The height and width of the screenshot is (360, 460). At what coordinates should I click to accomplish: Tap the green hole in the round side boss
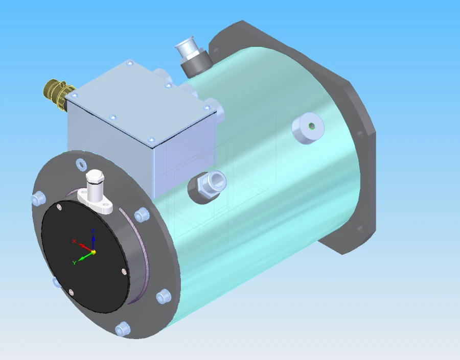click(311, 126)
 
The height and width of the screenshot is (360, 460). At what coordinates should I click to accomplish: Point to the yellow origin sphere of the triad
click(94, 252)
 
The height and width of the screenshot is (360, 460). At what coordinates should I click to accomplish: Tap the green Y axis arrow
click(85, 256)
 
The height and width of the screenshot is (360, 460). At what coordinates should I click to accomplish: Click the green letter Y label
click(75, 262)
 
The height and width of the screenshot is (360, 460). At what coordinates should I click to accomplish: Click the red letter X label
click(75, 241)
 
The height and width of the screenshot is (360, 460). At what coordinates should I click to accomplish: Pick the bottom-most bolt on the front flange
click(122, 328)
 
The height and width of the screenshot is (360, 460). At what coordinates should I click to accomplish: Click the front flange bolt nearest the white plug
click(81, 164)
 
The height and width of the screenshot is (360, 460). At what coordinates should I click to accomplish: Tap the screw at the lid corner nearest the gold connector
click(75, 95)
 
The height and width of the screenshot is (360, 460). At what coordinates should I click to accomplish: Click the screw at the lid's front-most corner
click(150, 139)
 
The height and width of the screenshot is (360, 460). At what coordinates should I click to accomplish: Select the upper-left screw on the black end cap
click(60, 207)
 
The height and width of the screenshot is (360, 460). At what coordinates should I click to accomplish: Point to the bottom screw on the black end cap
click(71, 292)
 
